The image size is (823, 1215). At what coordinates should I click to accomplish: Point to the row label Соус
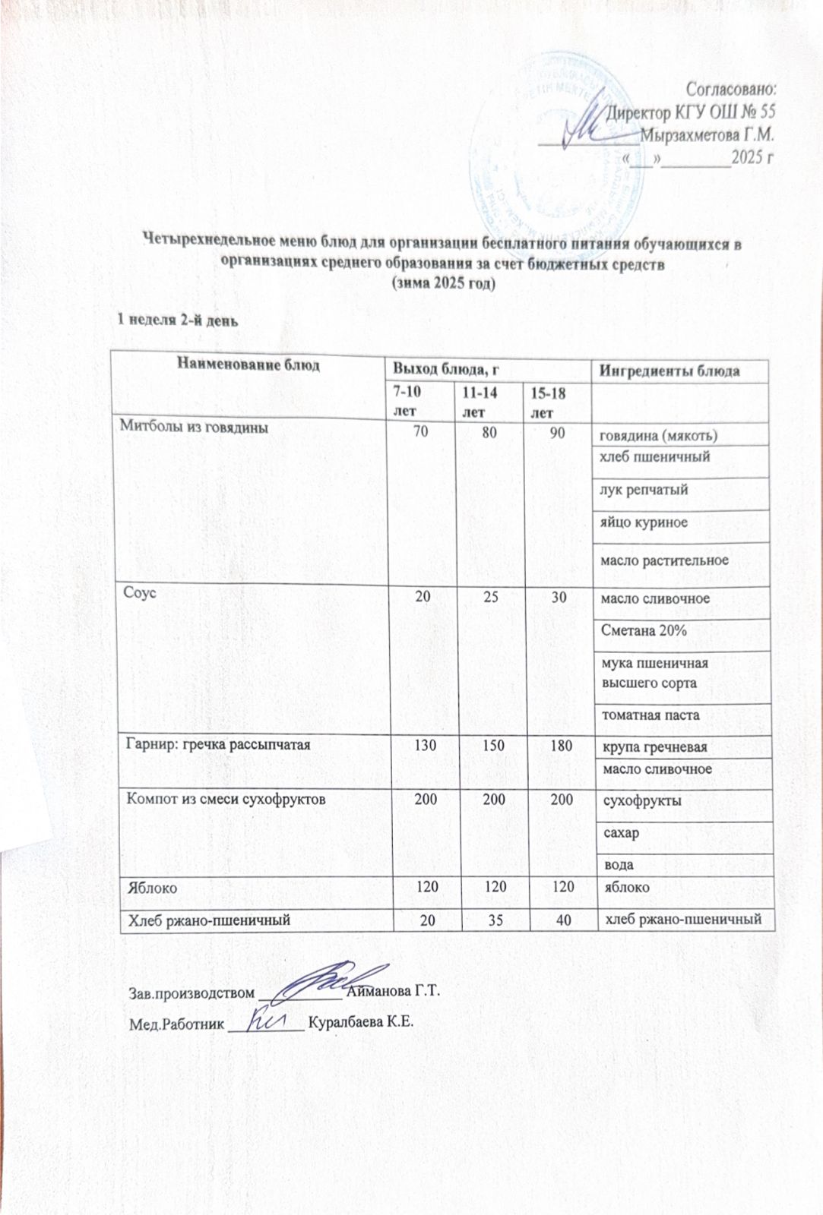(141, 593)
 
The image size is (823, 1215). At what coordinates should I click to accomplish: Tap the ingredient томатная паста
(650, 715)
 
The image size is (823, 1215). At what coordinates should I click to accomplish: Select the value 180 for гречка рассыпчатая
(562, 746)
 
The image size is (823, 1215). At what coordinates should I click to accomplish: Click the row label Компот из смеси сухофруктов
(226, 800)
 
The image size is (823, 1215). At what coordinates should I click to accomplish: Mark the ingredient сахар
(621, 832)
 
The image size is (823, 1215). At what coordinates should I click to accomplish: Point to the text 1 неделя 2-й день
(177, 319)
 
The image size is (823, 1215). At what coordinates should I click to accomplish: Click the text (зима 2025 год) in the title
(442, 283)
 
